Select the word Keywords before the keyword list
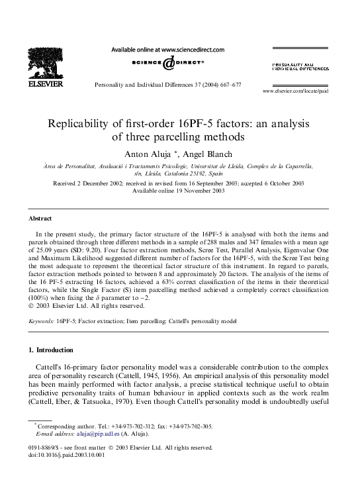(x=41, y=320)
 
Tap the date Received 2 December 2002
(x=81, y=183)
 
